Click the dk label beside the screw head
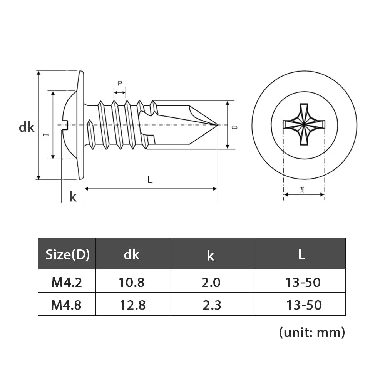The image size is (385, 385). [x=27, y=127]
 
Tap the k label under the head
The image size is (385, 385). [x=73, y=197]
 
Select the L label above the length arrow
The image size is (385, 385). [x=150, y=179]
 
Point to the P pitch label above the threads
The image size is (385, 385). [x=120, y=83]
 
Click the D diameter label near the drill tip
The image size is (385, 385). [x=235, y=127]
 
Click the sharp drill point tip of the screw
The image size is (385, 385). [x=218, y=125]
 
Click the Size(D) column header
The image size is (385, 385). [x=67, y=254]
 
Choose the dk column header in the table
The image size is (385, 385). [x=132, y=254]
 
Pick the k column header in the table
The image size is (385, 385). [x=211, y=255]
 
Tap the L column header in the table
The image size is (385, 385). [x=301, y=254]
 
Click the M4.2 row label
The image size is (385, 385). [x=67, y=283]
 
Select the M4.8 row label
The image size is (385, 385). [x=67, y=305]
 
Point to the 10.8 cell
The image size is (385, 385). [x=132, y=283]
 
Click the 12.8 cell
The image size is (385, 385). [x=132, y=305]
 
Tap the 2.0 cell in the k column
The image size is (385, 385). [x=211, y=283]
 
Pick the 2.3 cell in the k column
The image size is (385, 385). [x=212, y=305]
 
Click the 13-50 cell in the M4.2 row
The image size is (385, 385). [x=303, y=283]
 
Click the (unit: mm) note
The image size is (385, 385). [x=311, y=332]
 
